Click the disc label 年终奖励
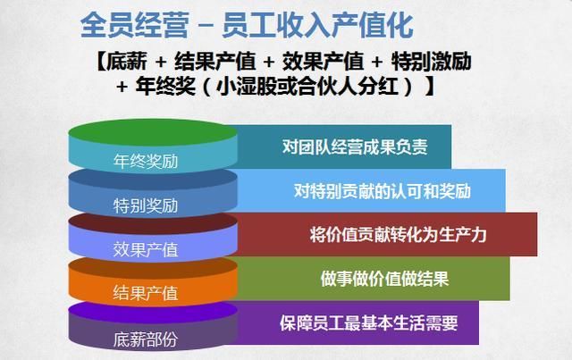(x=146, y=163)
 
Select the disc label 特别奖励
(x=146, y=205)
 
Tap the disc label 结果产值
(x=146, y=292)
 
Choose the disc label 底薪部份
(x=146, y=338)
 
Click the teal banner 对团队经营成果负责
(x=355, y=147)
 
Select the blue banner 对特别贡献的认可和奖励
(x=383, y=190)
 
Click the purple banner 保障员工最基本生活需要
(x=367, y=321)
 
